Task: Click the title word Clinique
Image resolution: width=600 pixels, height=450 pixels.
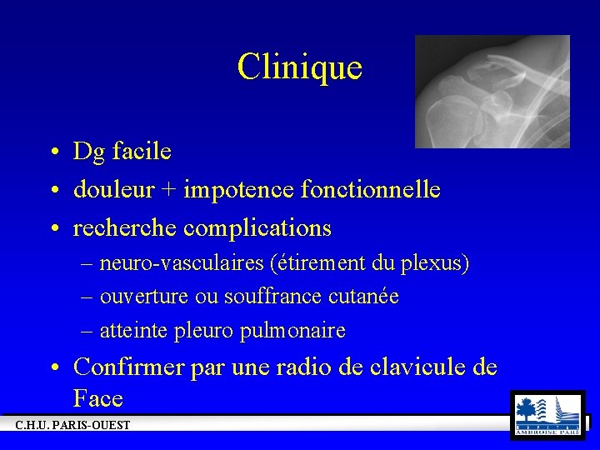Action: tap(299, 67)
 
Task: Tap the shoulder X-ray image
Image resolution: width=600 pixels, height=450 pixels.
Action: tap(492, 92)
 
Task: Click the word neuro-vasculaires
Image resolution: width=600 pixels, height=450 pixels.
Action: tap(181, 264)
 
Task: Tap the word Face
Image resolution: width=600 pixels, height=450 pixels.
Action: tap(97, 398)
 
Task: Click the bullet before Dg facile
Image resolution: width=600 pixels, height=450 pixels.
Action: tap(52, 152)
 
